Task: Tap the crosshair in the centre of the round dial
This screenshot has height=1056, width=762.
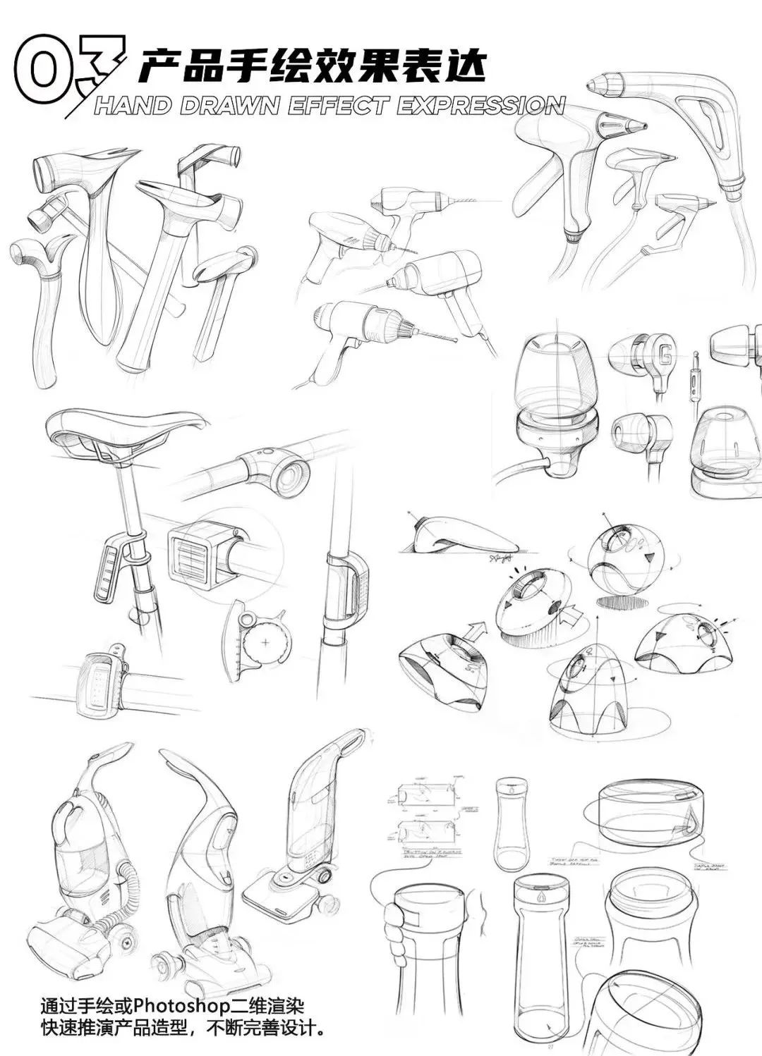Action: [x=265, y=642]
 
